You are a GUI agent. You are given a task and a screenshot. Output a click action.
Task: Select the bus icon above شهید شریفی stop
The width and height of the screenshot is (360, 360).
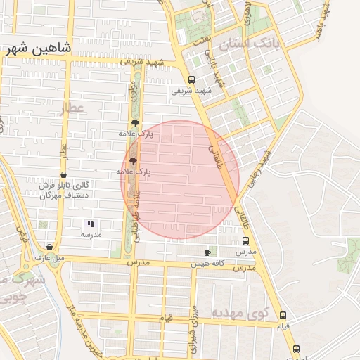tap(192, 79)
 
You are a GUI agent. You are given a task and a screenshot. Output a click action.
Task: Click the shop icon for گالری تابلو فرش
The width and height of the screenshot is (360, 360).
tap(64, 174)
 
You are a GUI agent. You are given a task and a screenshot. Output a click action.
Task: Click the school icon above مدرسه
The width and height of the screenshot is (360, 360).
tap(91, 224)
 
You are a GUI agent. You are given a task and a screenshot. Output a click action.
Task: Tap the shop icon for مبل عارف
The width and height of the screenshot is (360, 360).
tap(49, 247)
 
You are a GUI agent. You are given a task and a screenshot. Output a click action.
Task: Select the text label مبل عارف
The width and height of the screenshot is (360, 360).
tap(49, 258)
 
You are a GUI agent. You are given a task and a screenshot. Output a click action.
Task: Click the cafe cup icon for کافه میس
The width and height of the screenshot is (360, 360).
tap(207, 252)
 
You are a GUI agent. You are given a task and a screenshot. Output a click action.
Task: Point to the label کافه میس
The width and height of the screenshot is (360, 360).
tap(207, 264)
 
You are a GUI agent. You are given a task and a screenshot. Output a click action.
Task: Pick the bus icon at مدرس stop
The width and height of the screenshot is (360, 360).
tap(245, 240)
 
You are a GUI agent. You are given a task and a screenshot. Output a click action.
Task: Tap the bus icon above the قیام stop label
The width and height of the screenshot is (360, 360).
tap(283, 315)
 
